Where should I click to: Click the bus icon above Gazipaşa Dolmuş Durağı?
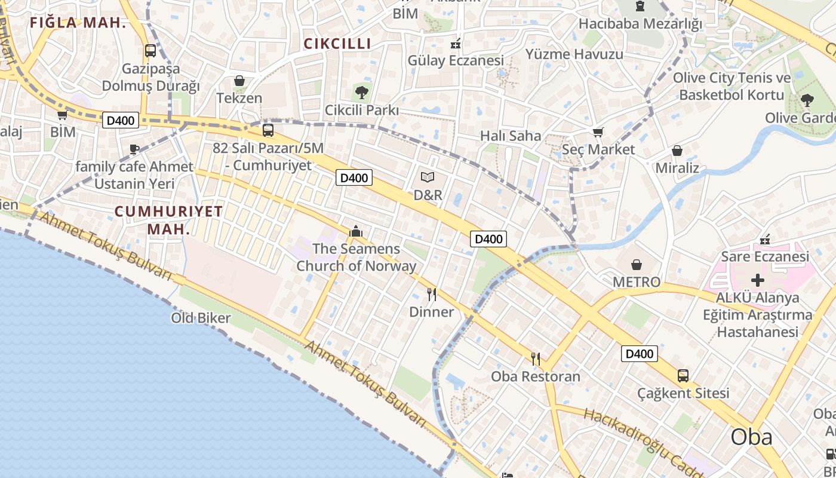(x=150, y=51)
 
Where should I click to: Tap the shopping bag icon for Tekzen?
(x=239, y=81)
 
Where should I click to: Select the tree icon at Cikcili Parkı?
(x=361, y=92)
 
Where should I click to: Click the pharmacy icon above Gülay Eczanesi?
(x=455, y=43)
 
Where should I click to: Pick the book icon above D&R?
(x=428, y=177)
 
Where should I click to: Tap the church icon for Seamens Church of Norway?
(x=356, y=231)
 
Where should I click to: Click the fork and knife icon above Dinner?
(x=432, y=294)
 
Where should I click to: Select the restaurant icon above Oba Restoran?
(x=536, y=358)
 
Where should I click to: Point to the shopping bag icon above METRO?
(x=637, y=264)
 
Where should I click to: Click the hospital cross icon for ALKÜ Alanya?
(x=757, y=280)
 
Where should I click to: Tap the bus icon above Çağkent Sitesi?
(x=683, y=376)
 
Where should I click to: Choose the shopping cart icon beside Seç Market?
(x=598, y=133)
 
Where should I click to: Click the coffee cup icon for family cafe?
(x=134, y=149)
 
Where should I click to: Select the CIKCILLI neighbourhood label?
(x=337, y=44)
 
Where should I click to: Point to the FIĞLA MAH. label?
(x=78, y=23)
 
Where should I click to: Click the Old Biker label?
(x=201, y=318)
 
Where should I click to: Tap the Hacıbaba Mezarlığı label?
(x=640, y=24)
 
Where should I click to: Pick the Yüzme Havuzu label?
(x=574, y=54)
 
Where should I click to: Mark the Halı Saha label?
(x=511, y=136)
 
